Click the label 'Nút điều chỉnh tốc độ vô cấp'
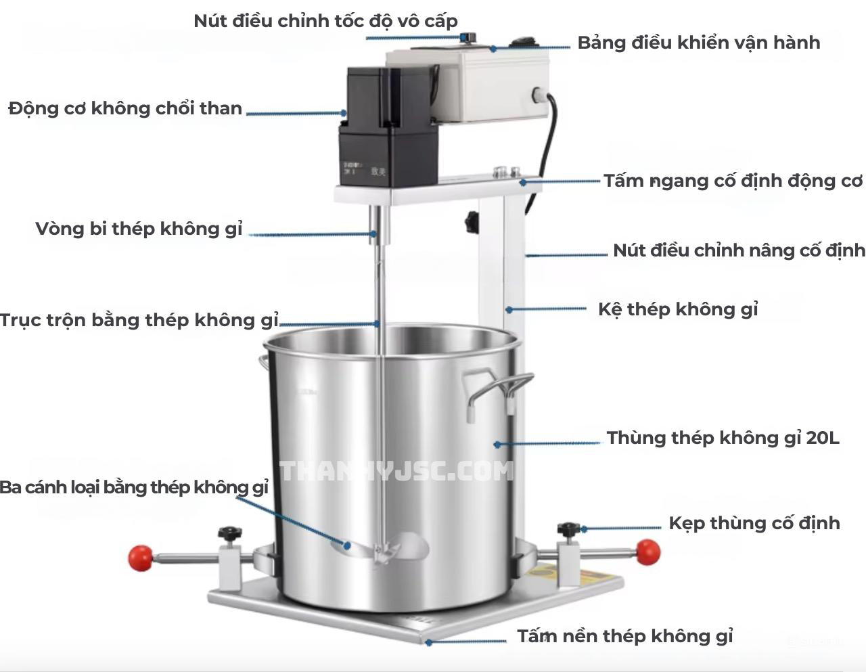pyautogui.click(x=325, y=22)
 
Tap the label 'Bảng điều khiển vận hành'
pyautogui.click(x=699, y=43)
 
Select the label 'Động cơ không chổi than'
pyautogui.click(x=125, y=108)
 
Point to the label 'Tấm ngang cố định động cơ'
pyautogui.click(x=733, y=181)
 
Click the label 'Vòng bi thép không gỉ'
pyautogui.click(x=139, y=229)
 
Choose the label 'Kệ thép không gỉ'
pyautogui.click(x=677, y=309)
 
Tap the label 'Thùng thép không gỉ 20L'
pyautogui.click(x=723, y=438)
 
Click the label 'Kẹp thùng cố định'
pyautogui.click(x=754, y=523)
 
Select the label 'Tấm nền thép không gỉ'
pyautogui.click(x=625, y=636)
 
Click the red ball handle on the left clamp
pyautogui.click(x=141, y=558)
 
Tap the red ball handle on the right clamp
pyautogui.click(x=648, y=552)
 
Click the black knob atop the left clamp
pyautogui.click(x=230, y=532)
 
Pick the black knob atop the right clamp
pyautogui.click(x=569, y=529)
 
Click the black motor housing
pyautogui.click(x=388, y=127)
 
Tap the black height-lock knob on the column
pyautogui.click(x=472, y=221)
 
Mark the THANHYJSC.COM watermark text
pyautogui.click(x=397, y=471)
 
